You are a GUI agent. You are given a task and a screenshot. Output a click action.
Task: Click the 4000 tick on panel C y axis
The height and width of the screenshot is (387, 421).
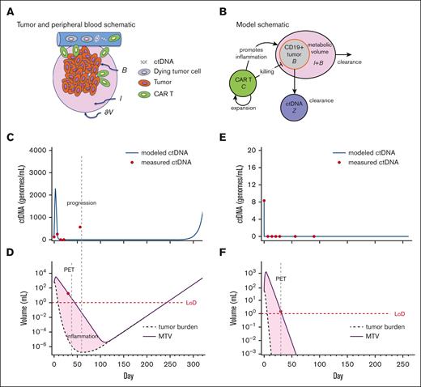(36, 151)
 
